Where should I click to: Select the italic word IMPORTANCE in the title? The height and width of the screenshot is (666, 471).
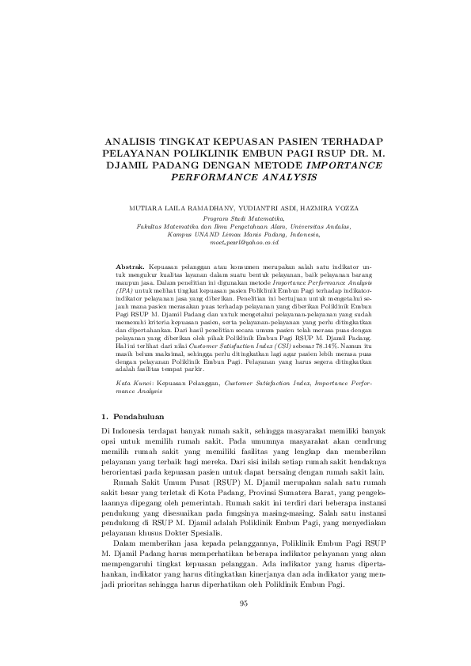tap(344, 165)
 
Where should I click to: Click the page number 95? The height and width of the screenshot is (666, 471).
tap(243, 604)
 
